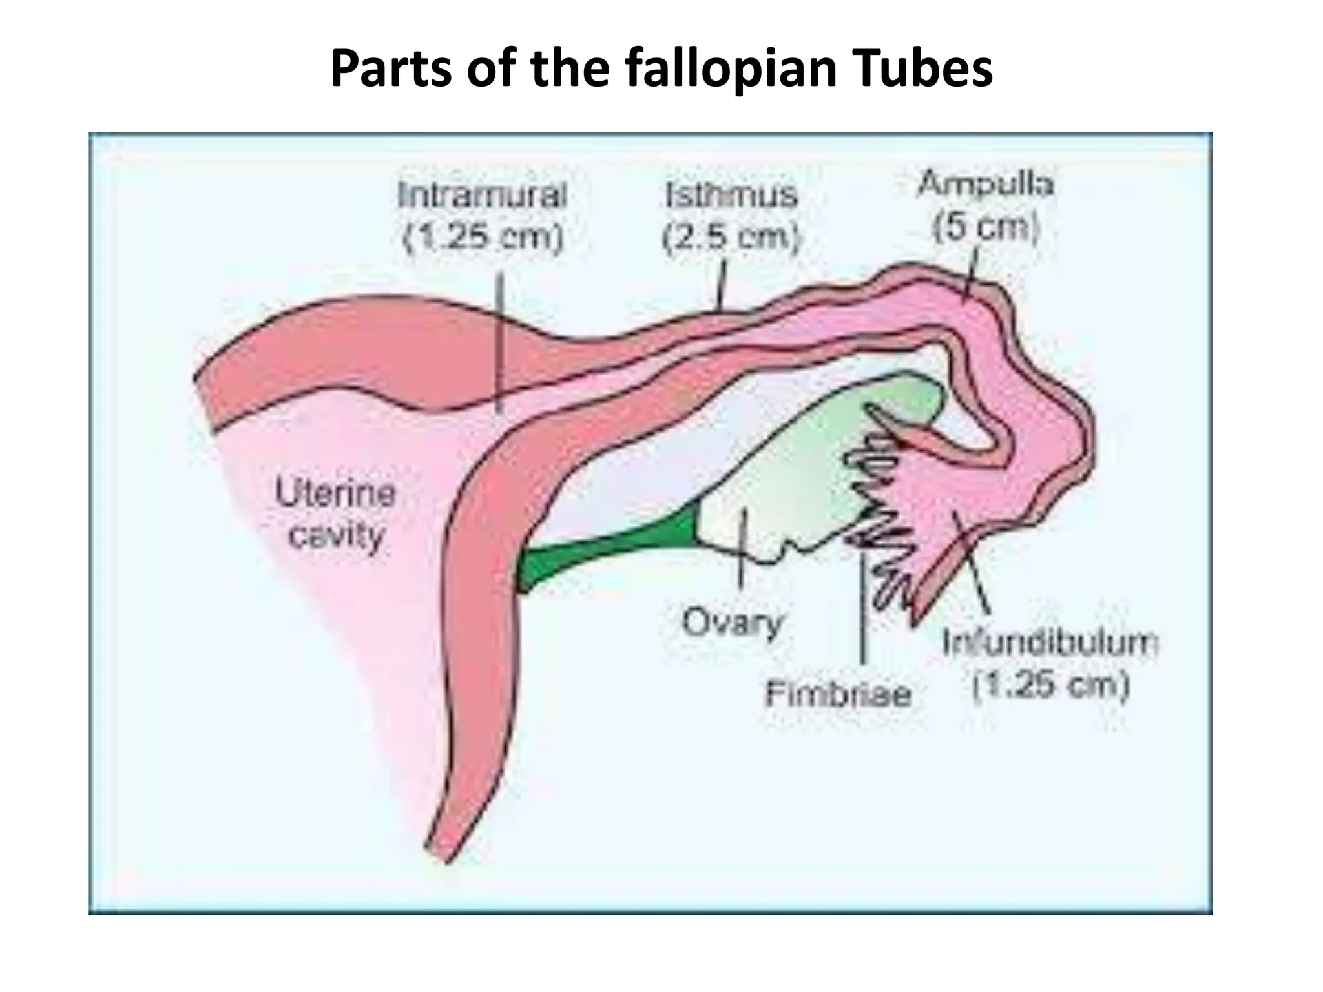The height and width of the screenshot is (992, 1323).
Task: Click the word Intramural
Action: [482, 194]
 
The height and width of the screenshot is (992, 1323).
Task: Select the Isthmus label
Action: [731, 194]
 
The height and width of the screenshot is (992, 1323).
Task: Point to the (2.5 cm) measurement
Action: [731, 238]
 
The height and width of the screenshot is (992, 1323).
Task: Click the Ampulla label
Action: [986, 184]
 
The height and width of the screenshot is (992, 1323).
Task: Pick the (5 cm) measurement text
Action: [986, 227]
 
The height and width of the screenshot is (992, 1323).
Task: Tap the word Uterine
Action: [335, 494]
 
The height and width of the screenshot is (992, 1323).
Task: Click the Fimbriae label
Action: [838, 694]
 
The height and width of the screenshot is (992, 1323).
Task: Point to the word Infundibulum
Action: [1050, 643]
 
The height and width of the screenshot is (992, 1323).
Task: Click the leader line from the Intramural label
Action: [499, 342]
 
